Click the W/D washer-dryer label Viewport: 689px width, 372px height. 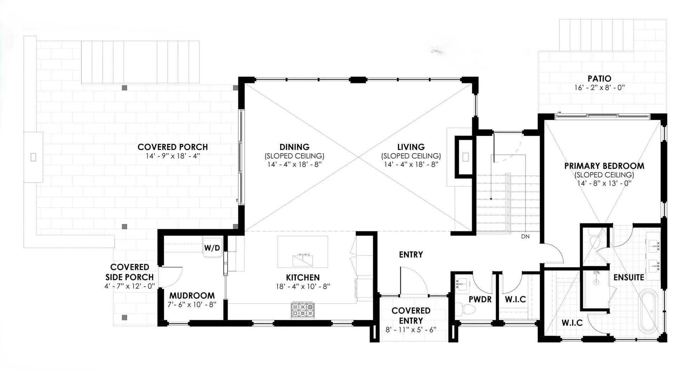[x=212, y=248]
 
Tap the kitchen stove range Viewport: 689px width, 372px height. [x=303, y=310]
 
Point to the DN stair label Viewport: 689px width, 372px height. [x=525, y=236]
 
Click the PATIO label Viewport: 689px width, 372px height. [x=599, y=78]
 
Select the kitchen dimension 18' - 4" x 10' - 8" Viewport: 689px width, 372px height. [x=303, y=286]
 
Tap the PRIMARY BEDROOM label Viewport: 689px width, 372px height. [x=604, y=166]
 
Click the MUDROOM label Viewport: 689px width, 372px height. [x=192, y=295]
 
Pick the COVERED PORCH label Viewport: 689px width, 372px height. [x=173, y=147]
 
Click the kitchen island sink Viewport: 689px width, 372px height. [x=303, y=260]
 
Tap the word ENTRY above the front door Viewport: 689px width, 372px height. [x=411, y=254]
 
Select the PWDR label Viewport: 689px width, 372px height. [x=480, y=299]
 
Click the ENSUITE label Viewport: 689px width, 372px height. [x=629, y=277]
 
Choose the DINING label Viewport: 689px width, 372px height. [x=294, y=147]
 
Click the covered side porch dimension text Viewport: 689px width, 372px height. [x=130, y=286]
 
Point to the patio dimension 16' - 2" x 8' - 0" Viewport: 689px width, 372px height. [x=599, y=88]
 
